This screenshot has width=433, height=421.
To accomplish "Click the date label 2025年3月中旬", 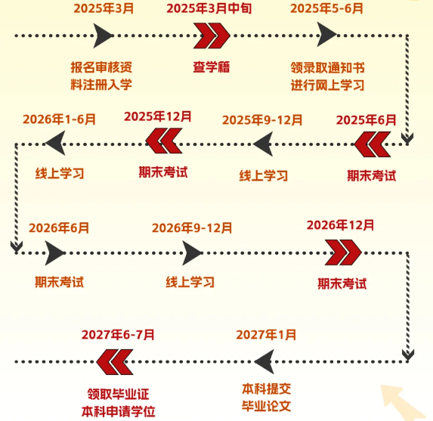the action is (x=209, y=8).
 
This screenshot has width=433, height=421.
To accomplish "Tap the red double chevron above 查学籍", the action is (x=212, y=36).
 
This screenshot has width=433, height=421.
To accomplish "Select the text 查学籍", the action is (x=212, y=67).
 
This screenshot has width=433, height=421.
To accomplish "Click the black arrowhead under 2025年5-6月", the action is (x=326, y=35).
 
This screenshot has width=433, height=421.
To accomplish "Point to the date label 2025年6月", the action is (x=366, y=120).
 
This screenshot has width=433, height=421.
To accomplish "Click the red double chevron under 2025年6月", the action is (x=373, y=144).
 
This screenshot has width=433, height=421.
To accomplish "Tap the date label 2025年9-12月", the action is (x=262, y=120).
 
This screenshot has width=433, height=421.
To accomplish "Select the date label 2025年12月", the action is (x=158, y=116).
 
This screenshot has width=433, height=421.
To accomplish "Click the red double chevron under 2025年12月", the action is (x=164, y=141).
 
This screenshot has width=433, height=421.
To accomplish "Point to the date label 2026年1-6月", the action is (x=59, y=119).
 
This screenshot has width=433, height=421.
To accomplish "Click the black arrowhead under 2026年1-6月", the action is (x=55, y=143).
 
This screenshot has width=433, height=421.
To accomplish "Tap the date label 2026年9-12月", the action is (x=192, y=228).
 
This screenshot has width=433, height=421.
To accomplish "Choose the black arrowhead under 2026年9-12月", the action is (x=192, y=253).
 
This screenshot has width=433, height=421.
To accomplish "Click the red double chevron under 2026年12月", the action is (x=343, y=252).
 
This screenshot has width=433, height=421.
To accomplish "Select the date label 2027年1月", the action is (x=266, y=335).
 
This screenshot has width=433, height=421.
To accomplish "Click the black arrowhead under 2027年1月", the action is (x=264, y=361).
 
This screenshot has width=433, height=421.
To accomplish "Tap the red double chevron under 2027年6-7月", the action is (x=115, y=362).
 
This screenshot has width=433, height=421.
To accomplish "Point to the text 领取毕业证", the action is (x=118, y=394).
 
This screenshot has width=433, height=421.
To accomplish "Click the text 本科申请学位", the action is (x=118, y=412).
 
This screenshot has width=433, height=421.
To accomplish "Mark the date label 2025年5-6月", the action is (x=326, y=8).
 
